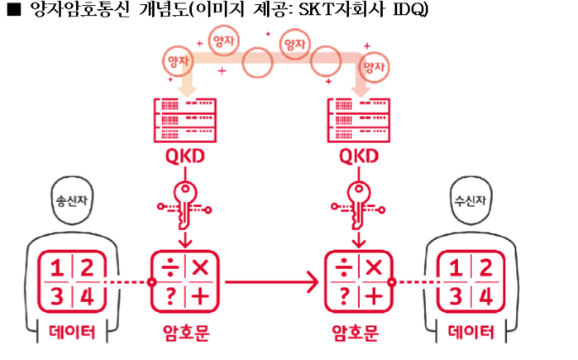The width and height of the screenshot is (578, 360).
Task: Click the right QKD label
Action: tap(359, 157)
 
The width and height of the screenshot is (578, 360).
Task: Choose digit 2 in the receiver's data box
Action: tap(485, 268)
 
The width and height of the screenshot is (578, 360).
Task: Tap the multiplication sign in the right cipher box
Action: tap(374, 268)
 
